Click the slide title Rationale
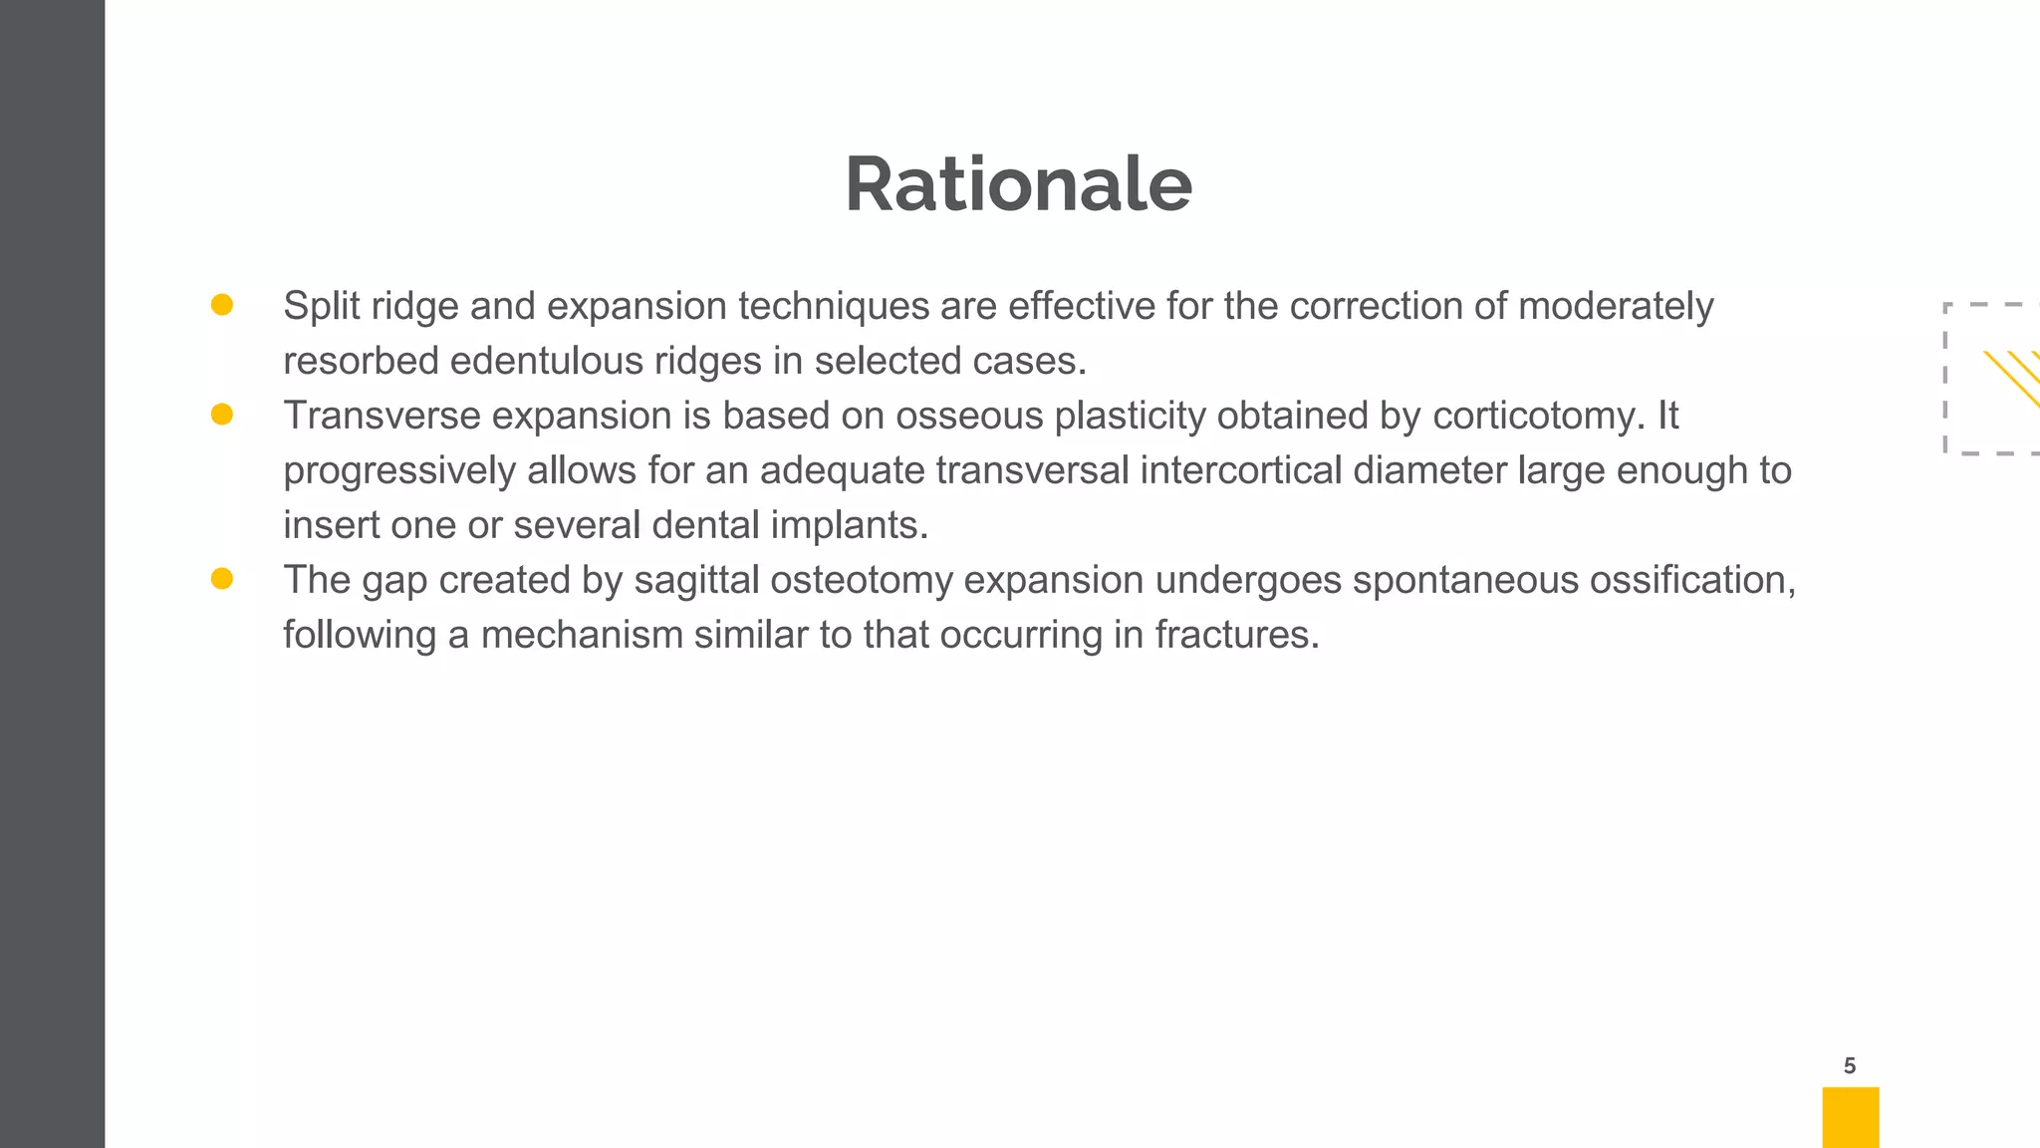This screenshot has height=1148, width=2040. click(1018, 185)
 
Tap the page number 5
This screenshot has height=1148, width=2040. click(1850, 1066)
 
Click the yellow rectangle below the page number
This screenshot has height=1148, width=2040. click(1850, 1117)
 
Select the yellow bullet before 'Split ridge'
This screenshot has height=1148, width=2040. click(222, 305)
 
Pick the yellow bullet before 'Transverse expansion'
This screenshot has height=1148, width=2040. click(222, 415)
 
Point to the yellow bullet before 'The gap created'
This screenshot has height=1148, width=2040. click(222, 579)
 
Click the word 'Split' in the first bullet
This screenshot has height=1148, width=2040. click(321, 306)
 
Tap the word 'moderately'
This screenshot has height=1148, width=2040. click(1616, 306)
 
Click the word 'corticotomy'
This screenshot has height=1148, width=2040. click(1533, 416)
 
